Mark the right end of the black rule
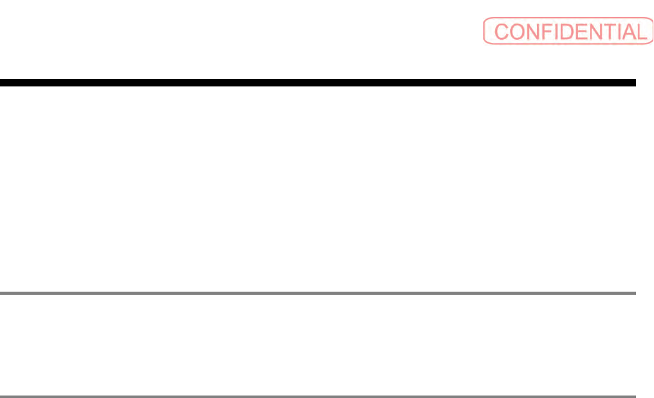point(633,82)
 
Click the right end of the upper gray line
point(633,292)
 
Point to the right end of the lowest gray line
point(633,396)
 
